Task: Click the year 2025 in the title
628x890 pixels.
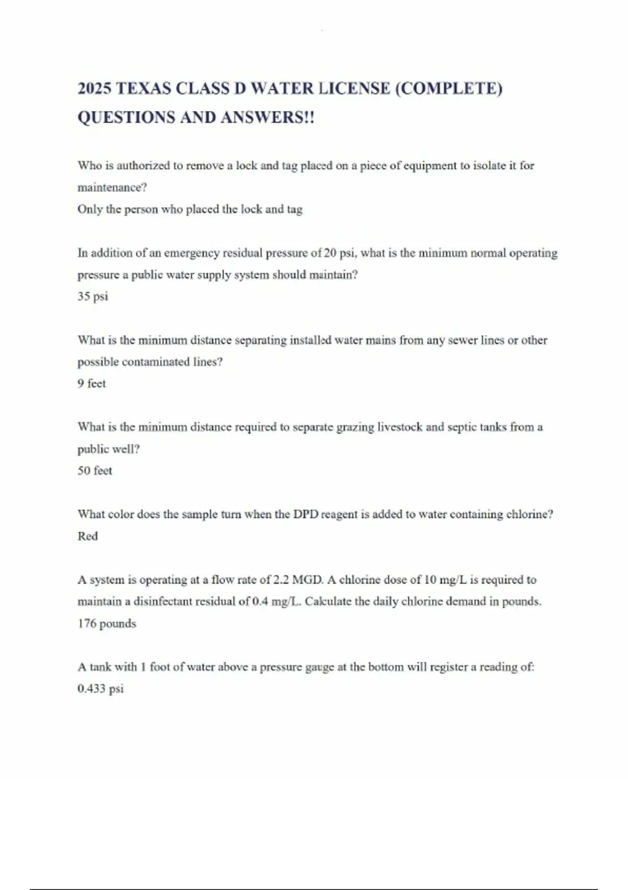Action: pos(94,88)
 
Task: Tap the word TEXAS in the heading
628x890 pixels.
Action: pos(143,88)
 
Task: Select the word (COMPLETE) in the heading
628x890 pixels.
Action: pos(448,88)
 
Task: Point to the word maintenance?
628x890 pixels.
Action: pos(112,187)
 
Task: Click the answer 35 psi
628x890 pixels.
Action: pos(93,296)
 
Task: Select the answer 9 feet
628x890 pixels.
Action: pos(92,384)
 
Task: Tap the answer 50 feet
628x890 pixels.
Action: pos(95,471)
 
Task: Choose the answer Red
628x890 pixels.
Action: pos(87,536)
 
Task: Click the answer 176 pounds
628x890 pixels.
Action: pos(107,624)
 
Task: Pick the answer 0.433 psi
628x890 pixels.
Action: pos(100,688)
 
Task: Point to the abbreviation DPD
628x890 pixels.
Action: pos(305,514)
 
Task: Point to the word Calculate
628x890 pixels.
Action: pos(328,602)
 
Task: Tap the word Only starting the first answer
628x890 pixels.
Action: pos(89,209)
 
